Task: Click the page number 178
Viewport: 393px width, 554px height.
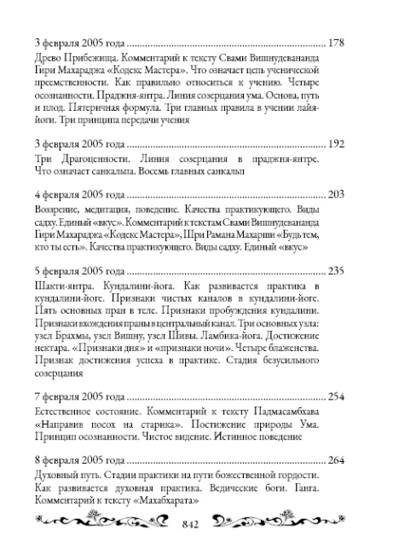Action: [x=336, y=42]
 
